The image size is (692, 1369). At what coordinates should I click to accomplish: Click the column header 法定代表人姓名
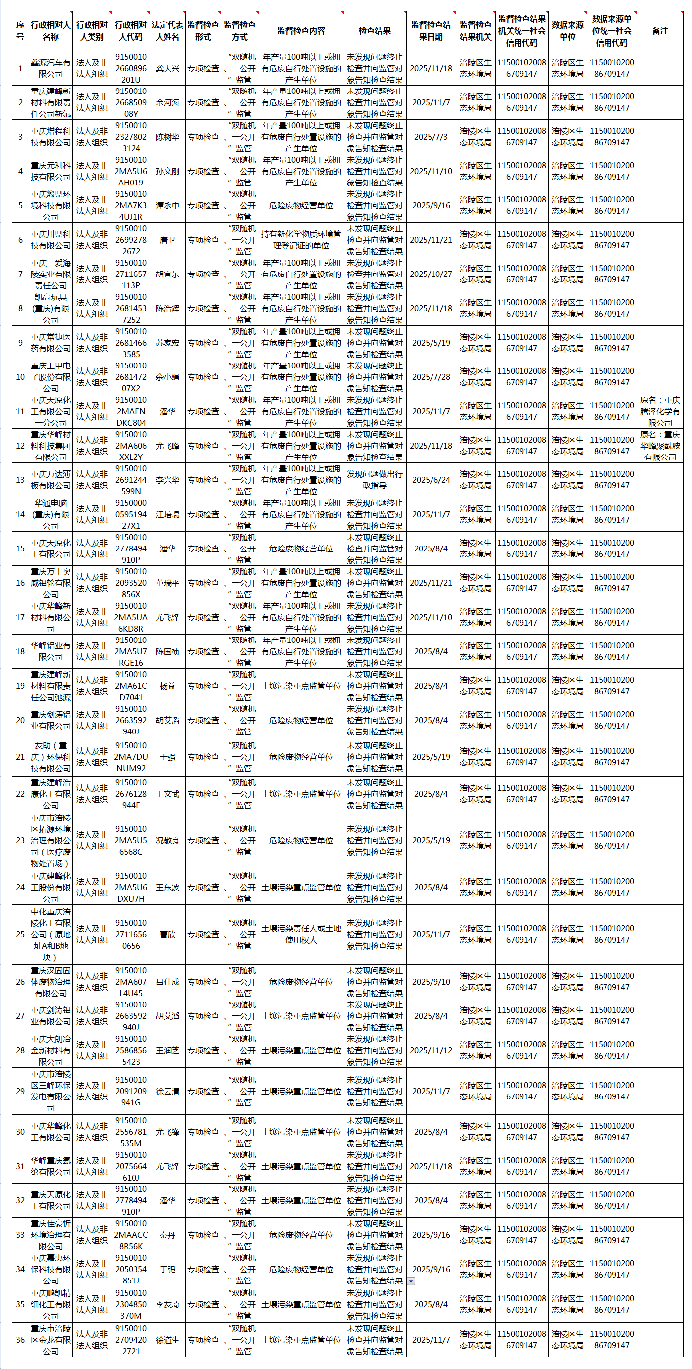pyautogui.click(x=168, y=31)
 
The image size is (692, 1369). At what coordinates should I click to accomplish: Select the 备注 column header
pyautogui.click(x=660, y=31)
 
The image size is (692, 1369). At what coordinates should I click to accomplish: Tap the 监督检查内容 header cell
pyautogui.click(x=301, y=31)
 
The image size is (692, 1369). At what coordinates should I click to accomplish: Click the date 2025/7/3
pyautogui.click(x=431, y=137)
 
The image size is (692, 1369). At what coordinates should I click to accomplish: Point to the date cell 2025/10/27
pyautogui.click(x=431, y=274)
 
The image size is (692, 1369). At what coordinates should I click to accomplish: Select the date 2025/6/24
pyautogui.click(x=431, y=480)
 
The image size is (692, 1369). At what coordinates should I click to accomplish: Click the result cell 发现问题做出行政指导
pyautogui.click(x=374, y=480)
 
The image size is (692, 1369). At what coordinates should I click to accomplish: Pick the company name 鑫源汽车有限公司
pyautogui.click(x=50, y=68)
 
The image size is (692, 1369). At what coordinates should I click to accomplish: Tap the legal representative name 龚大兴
pyautogui.click(x=168, y=68)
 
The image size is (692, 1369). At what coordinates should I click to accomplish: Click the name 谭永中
pyautogui.click(x=168, y=206)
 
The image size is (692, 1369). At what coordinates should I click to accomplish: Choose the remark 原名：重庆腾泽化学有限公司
pyautogui.click(x=660, y=411)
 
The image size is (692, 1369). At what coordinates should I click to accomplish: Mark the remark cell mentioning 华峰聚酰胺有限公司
pyautogui.click(x=660, y=446)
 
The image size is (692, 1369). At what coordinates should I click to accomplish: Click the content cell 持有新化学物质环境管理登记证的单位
pyautogui.click(x=301, y=240)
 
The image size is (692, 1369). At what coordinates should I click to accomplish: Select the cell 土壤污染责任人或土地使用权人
pyautogui.click(x=301, y=934)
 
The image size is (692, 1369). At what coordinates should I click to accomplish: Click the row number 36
pyautogui.click(x=20, y=1340)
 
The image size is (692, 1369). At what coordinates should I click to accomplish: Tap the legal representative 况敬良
pyautogui.click(x=168, y=840)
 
